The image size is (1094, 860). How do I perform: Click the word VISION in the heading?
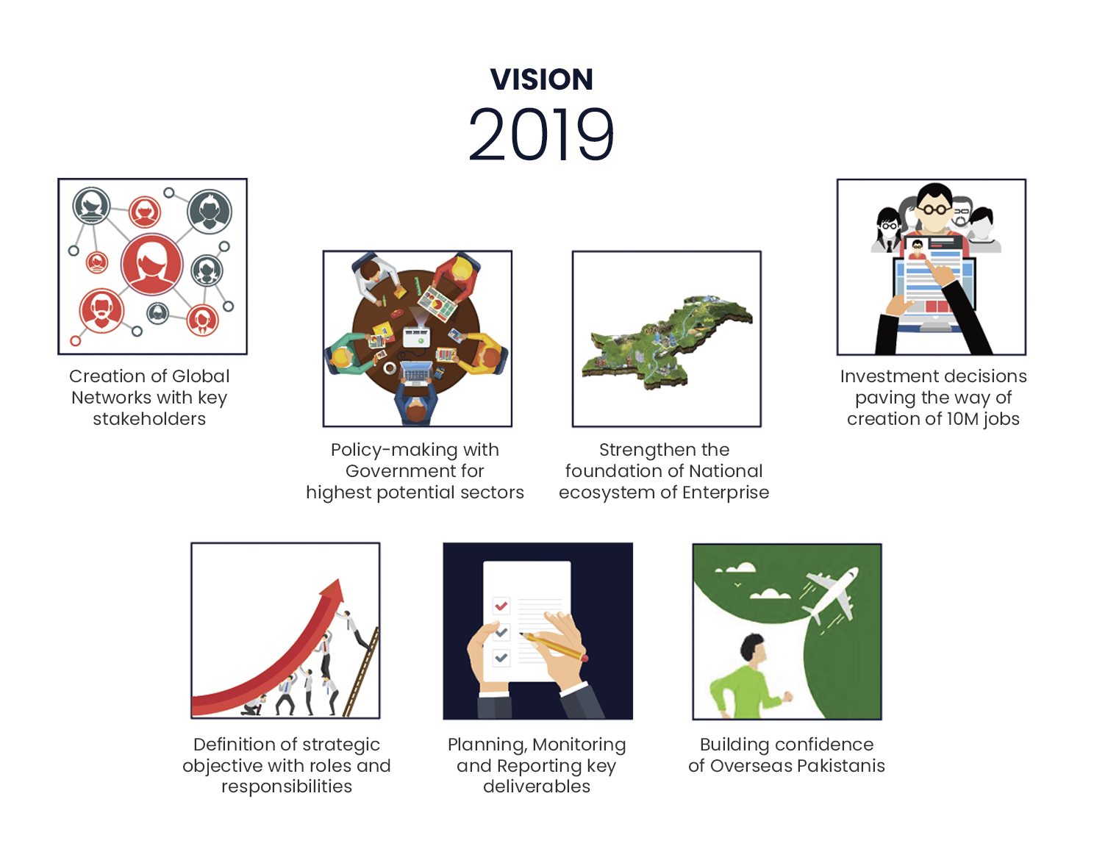pos(541,79)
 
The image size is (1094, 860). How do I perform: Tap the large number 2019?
pos(541,135)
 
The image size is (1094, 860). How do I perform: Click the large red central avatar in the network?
pos(151,265)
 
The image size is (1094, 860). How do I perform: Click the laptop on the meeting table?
pos(417,373)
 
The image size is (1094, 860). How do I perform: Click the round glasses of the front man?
pos(934,209)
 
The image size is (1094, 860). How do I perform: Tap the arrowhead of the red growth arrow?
pos(333,589)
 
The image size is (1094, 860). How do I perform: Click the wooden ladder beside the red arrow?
pos(362,672)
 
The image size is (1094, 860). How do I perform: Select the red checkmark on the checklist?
pos(501,606)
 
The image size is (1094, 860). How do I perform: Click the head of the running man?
pos(754,648)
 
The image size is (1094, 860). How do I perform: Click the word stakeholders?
pos(149,419)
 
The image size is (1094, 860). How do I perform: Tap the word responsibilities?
pos(287,786)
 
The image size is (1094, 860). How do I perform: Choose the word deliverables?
pos(537,786)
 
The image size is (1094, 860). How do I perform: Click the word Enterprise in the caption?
pos(726,492)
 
